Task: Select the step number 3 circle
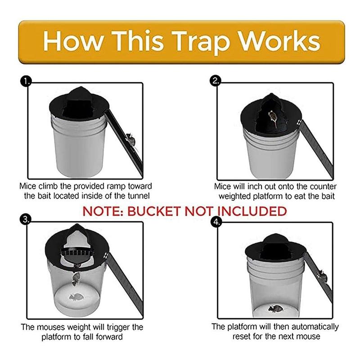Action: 26,219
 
